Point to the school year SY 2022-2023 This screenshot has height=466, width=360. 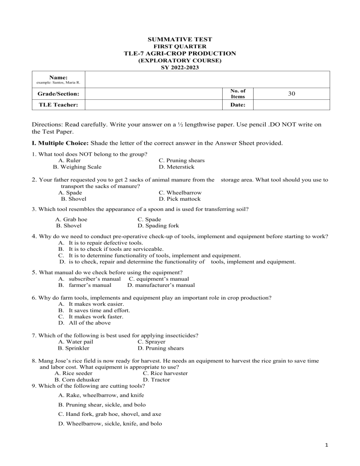click(180, 67)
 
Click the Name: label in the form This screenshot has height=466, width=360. click(59, 77)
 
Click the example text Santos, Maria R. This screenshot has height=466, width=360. click(60, 83)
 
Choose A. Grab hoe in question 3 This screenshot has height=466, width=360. click(71, 219)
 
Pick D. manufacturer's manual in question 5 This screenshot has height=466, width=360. click(161, 285)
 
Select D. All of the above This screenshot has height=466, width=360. click(82, 323)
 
